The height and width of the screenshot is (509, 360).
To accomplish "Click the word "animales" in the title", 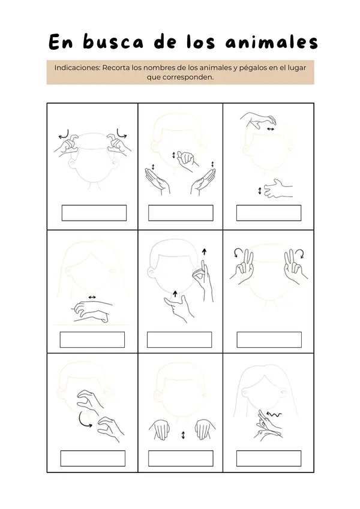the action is [271, 42].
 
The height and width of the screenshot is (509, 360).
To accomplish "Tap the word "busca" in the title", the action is [113, 41].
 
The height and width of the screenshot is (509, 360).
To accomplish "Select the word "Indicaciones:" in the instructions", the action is [77, 68].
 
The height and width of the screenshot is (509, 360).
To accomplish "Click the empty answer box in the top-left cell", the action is [94, 213].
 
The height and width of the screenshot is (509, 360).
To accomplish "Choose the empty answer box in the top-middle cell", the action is [181, 213].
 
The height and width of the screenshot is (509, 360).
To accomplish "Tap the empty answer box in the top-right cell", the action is [269, 213].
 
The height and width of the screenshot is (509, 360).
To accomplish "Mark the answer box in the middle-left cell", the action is [92, 339].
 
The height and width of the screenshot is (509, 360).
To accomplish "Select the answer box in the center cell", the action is [179, 339].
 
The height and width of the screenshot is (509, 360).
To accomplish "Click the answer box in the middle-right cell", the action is [269, 339].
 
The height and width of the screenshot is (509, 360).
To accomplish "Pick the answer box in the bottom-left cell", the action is [92, 459].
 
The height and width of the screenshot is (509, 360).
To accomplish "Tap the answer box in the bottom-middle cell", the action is [181, 459].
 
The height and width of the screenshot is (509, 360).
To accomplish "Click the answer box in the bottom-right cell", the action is [269, 459].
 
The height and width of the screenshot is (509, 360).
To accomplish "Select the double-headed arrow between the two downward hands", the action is [183, 435].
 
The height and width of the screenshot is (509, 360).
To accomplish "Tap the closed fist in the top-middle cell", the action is [185, 159].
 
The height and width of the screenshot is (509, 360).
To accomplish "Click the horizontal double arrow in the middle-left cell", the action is [92, 297].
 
